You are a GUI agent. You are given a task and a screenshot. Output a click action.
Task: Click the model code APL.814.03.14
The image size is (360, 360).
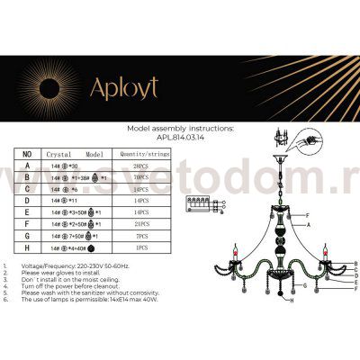pyautogui.click(x=181, y=138)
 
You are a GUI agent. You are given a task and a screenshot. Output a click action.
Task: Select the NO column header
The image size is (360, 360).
pyautogui.click(x=26, y=154)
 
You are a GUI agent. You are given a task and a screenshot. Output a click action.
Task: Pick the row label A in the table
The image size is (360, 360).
pyautogui.click(x=26, y=166)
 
